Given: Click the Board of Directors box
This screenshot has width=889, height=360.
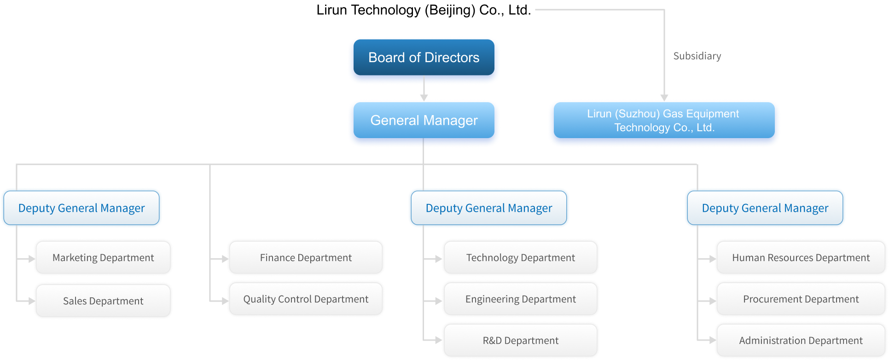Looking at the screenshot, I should pyautogui.click(x=424, y=58).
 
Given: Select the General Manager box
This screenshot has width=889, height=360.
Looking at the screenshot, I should pyautogui.click(x=424, y=120).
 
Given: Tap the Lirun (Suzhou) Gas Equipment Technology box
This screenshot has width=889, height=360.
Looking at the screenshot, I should pyautogui.click(x=663, y=121).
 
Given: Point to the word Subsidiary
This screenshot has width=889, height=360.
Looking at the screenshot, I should pyautogui.click(x=697, y=56).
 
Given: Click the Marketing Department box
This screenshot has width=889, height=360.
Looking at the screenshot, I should pyautogui.click(x=103, y=258).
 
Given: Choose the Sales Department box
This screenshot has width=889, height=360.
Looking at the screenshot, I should pyautogui.click(x=103, y=301).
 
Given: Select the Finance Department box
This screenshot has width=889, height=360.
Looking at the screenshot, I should pyautogui.click(x=306, y=258).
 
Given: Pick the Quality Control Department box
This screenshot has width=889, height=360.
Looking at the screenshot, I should pyautogui.click(x=306, y=299).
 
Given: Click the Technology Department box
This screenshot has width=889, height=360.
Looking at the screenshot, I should pyautogui.click(x=520, y=258).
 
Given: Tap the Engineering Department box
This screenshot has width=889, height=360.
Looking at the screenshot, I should pyautogui.click(x=520, y=299).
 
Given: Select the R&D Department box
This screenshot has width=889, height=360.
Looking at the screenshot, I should pyautogui.click(x=520, y=341).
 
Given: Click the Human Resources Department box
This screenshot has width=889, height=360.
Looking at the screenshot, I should pyautogui.click(x=801, y=258).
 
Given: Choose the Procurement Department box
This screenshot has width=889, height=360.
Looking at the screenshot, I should pyautogui.click(x=801, y=299).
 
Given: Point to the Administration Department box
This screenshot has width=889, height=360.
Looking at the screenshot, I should pyautogui.click(x=801, y=341).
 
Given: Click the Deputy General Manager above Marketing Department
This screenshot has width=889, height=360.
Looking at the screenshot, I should pyautogui.click(x=81, y=208).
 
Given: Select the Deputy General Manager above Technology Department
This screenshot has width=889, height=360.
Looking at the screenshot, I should pyautogui.click(x=488, y=208).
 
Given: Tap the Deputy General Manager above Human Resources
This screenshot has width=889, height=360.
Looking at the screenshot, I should pyautogui.click(x=765, y=208).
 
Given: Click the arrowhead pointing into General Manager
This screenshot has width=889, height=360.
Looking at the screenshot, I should pyautogui.click(x=424, y=98).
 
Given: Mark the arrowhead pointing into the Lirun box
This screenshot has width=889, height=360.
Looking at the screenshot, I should pyautogui.click(x=664, y=98).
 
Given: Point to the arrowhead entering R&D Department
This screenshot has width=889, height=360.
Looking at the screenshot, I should pyautogui.click(x=438, y=341).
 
